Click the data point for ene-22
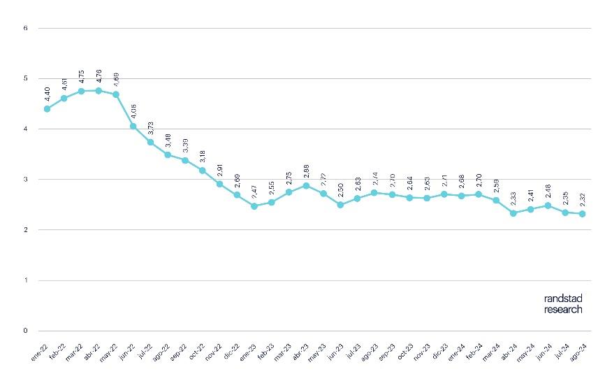[47, 109]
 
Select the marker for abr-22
[99, 91]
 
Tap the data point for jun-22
[133, 126]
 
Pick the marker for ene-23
[254, 206]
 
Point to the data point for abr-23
[306, 186]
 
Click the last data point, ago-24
[582, 214]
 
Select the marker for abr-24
[513, 213]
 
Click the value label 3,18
[203, 156]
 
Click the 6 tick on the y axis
[25, 29]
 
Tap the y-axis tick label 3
[25, 180]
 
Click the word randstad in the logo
[563, 299]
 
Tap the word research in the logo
[563, 309]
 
